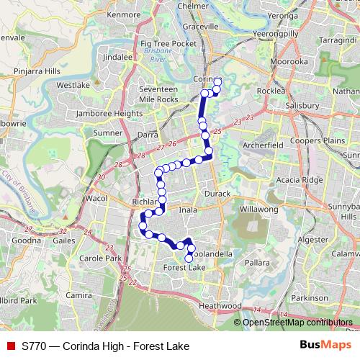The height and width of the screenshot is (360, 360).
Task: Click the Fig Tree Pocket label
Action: (168, 44)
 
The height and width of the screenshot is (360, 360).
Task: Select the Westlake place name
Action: (73, 85)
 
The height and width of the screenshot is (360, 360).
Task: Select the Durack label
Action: (217, 194)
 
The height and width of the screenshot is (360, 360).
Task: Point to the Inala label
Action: (188, 210)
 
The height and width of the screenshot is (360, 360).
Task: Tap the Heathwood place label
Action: (220, 306)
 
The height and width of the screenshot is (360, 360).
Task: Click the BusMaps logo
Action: (325, 346)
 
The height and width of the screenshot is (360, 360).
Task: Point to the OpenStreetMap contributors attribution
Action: (297, 323)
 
